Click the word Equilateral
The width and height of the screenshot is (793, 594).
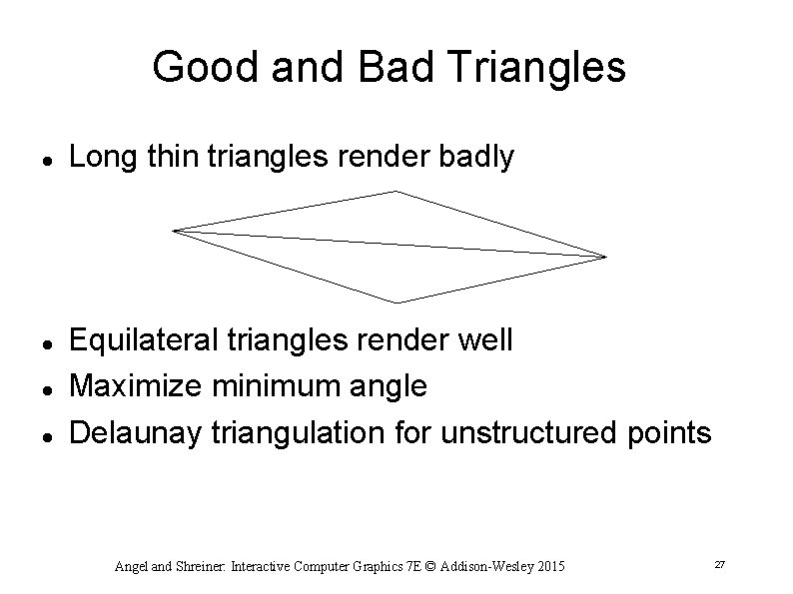pos(141,340)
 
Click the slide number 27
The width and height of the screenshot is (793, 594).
pos(719,566)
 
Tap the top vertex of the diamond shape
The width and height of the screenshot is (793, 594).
pos(396,191)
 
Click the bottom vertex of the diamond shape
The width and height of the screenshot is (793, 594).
pos(398,301)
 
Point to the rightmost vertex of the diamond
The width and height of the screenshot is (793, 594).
pos(605,257)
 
